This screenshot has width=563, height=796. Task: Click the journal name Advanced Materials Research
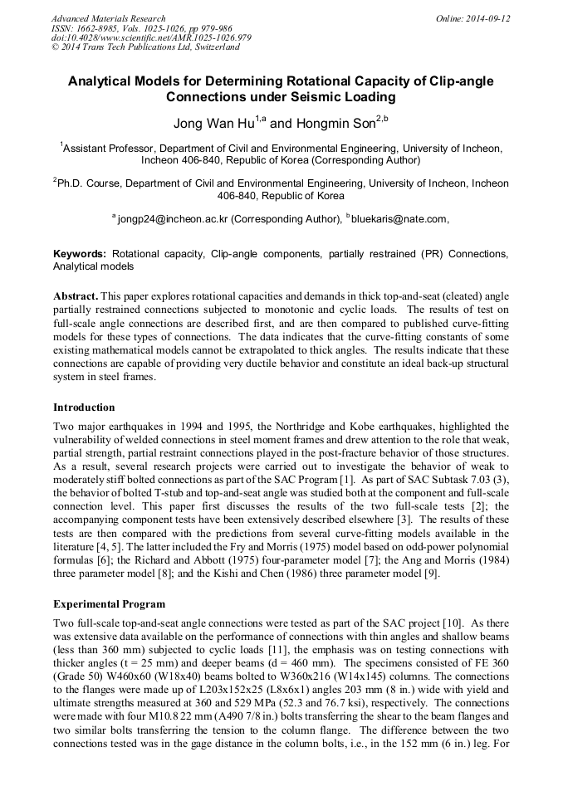pos(108,18)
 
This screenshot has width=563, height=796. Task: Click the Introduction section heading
pos(84,408)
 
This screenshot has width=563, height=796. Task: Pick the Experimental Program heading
pos(109,603)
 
